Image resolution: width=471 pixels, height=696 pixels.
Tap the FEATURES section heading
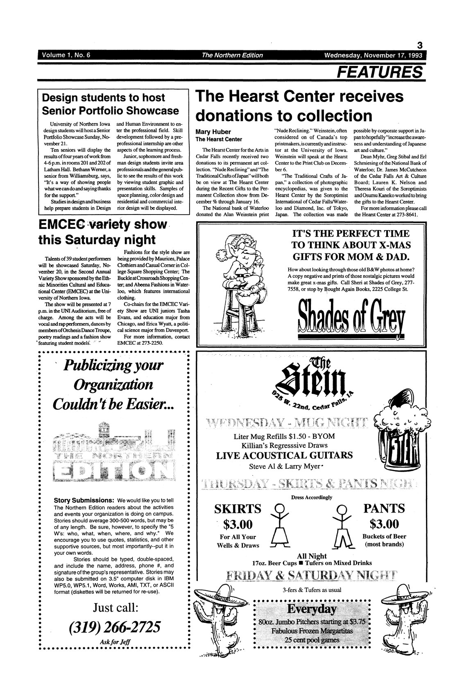(x=379, y=72)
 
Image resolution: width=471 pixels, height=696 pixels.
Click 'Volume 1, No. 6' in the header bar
(x=65, y=55)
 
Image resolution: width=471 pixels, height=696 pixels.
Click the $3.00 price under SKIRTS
(x=238, y=524)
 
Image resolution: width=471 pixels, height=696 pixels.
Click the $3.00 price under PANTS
(x=384, y=524)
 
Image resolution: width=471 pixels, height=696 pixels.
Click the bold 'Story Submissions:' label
(x=84, y=500)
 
